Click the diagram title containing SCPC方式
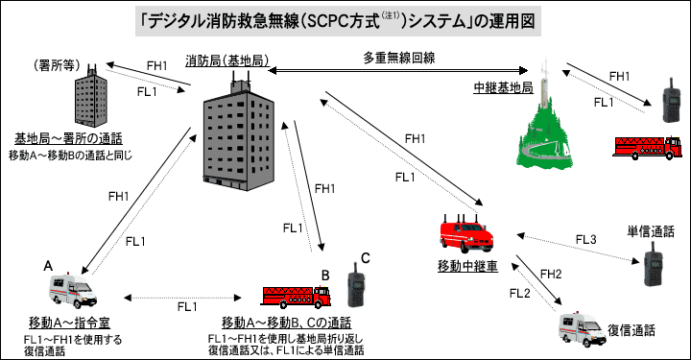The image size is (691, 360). (x=338, y=21)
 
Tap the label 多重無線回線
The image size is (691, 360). (x=399, y=58)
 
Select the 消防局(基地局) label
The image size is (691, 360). (x=226, y=60)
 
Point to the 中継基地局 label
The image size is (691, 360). (x=503, y=87)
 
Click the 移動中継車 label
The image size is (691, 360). (x=467, y=266)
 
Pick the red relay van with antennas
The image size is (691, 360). (x=466, y=233)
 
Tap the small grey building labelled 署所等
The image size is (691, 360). (x=91, y=96)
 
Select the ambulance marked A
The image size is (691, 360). (x=72, y=290)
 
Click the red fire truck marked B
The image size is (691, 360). (x=296, y=296)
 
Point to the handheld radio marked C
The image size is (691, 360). (x=356, y=285)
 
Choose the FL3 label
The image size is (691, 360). (x=586, y=240)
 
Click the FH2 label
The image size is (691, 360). (x=551, y=274)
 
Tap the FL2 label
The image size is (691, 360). (x=520, y=294)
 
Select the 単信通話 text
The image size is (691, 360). (x=651, y=231)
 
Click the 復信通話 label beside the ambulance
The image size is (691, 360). (x=631, y=330)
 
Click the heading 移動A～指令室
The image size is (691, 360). (x=70, y=323)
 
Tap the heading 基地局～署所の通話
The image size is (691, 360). (x=68, y=139)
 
